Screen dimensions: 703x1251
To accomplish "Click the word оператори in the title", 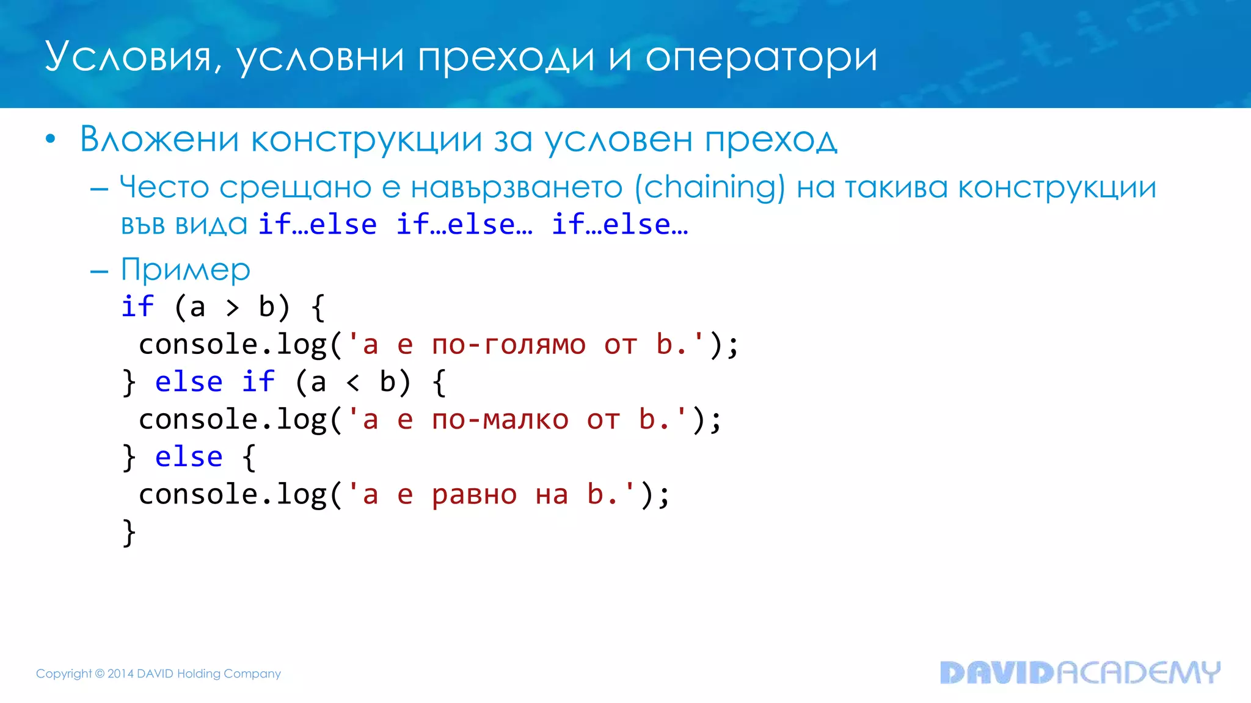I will pos(761,57).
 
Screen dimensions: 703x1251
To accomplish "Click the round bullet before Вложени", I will pos(51,140).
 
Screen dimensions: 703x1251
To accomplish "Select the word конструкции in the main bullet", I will pos(367,140).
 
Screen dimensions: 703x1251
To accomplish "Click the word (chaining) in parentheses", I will pos(710,187).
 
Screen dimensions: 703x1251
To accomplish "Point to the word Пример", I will pos(186,269).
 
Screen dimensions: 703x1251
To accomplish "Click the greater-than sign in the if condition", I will pos(232,308).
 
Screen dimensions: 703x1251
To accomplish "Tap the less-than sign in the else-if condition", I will pos(352,383).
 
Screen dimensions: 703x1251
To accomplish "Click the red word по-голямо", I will pos(509,345).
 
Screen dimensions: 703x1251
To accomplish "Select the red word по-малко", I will pos(500,420).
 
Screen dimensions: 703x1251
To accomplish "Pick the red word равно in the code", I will pos(475,495).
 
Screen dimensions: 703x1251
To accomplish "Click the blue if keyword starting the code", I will pos(137,306).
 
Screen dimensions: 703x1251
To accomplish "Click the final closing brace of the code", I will pos(129,533).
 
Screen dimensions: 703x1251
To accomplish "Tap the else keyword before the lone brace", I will pos(189,457).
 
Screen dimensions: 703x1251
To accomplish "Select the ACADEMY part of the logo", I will pos(1138,672).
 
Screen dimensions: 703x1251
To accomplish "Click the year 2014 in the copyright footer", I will pos(120,674).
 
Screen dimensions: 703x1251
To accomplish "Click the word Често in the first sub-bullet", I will pos(164,187).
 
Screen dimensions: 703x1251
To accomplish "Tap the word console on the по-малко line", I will pos(190,420).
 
